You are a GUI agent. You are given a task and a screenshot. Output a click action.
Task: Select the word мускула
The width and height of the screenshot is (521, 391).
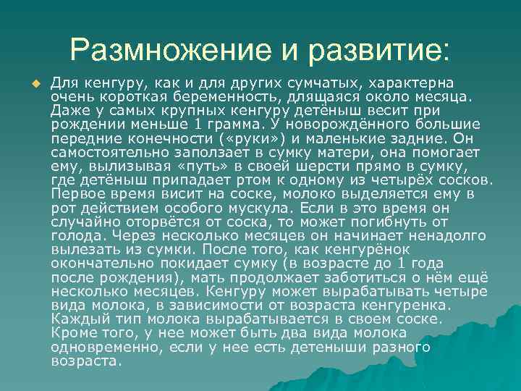256,209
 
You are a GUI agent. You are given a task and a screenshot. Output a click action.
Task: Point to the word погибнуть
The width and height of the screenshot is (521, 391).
394,222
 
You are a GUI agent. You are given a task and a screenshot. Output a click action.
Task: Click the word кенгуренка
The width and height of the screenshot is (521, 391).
403,306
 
